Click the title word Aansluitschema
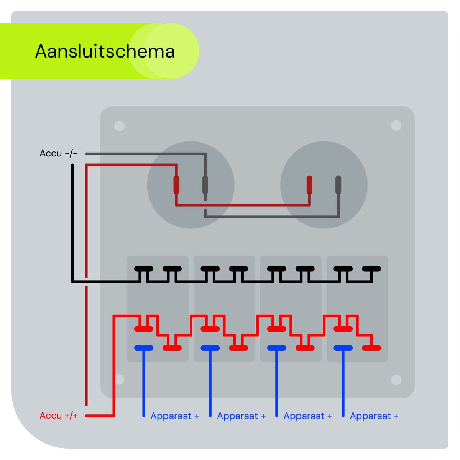[x=105, y=51]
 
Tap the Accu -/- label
[x=58, y=153]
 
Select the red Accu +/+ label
[x=59, y=416]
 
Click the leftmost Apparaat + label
[x=175, y=416]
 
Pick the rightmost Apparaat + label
[x=374, y=416]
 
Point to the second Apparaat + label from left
[x=241, y=416]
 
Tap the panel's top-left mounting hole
[x=119, y=126]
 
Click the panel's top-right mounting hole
[x=396, y=126]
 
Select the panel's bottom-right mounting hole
[x=396, y=379]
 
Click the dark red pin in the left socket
[x=176, y=185]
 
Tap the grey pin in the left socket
[x=205, y=185]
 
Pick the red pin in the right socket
[x=309, y=185]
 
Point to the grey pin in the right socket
[x=338, y=185]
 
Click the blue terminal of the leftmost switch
[x=144, y=348]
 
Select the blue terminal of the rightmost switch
[x=343, y=348]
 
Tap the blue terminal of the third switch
[x=276, y=348]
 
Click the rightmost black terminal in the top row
[x=371, y=268]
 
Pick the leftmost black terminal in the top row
[x=144, y=268]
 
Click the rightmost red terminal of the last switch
[x=371, y=348]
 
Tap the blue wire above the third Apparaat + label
[x=276, y=383]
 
